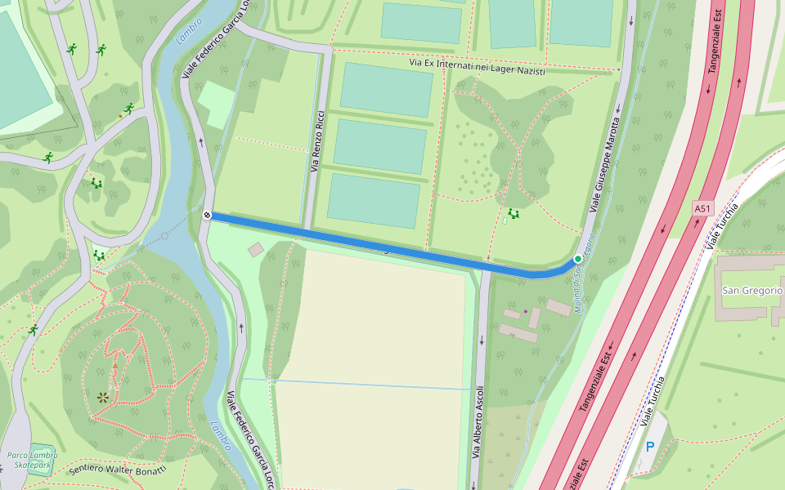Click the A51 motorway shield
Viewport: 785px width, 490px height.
click(x=702, y=209)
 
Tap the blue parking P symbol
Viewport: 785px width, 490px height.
click(x=650, y=447)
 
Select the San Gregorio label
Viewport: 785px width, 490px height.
click(x=751, y=291)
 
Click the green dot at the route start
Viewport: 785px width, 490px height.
click(x=578, y=259)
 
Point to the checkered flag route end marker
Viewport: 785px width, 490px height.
click(x=208, y=216)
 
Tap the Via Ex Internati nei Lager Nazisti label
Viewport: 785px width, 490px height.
click(x=477, y=67)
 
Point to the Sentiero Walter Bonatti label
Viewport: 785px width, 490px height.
click(x=118, y=470)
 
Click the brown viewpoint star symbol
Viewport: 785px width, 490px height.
click(x=103, y=398)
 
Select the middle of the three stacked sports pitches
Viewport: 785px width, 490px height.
click(x=380, y=146)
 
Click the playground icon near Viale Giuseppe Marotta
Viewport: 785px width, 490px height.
click(x=514, y=214)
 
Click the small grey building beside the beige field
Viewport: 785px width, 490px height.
click(x=256, y=248)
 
